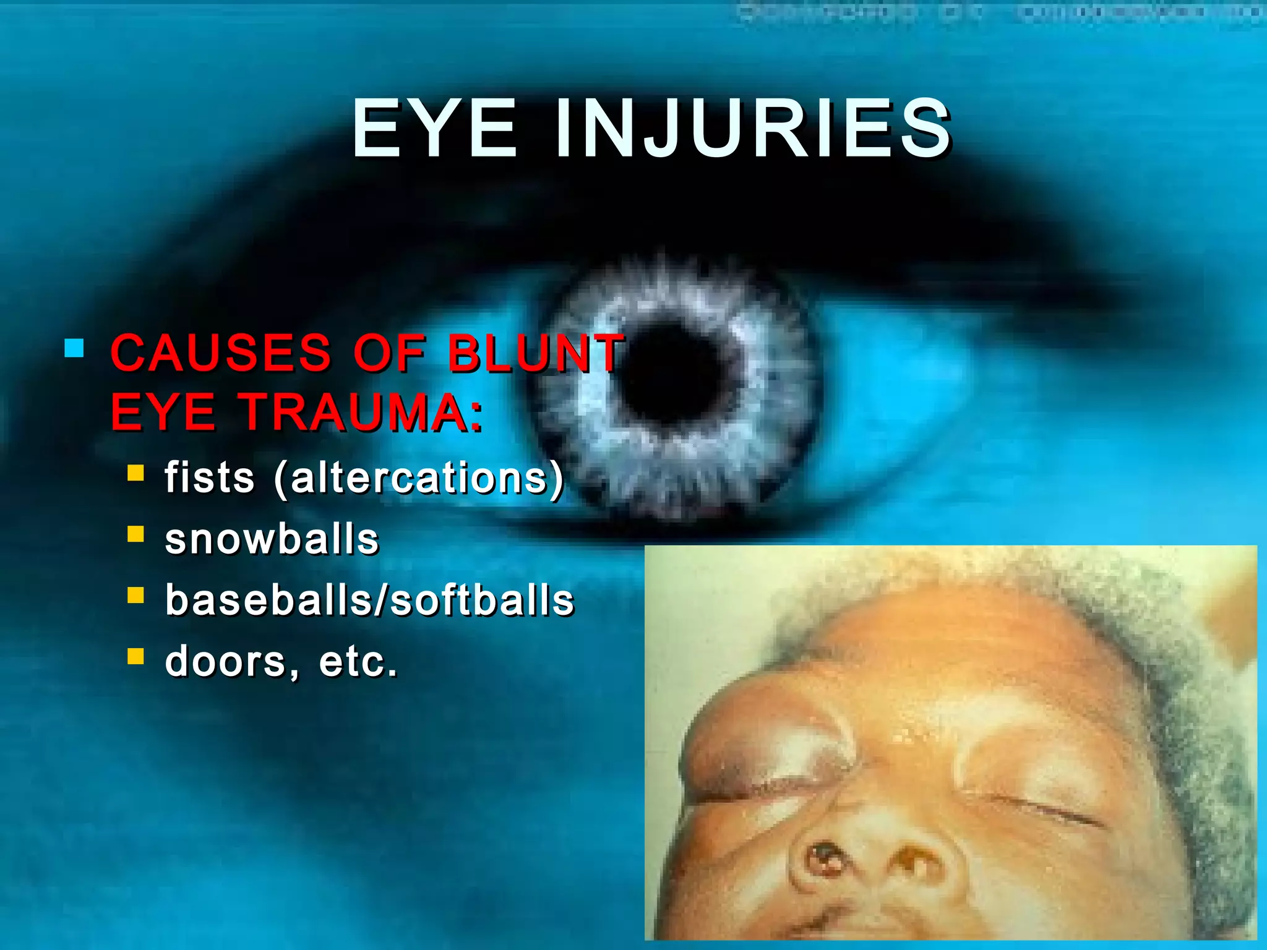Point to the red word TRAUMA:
[362, 412]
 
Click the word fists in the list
[209, 477]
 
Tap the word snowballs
[272, 539]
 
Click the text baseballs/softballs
[369, 600]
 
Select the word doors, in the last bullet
[231, 662]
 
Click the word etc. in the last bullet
[358, 662]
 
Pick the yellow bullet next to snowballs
[135, 534]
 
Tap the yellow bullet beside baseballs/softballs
[135, 595]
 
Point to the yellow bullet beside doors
[135, 656]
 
